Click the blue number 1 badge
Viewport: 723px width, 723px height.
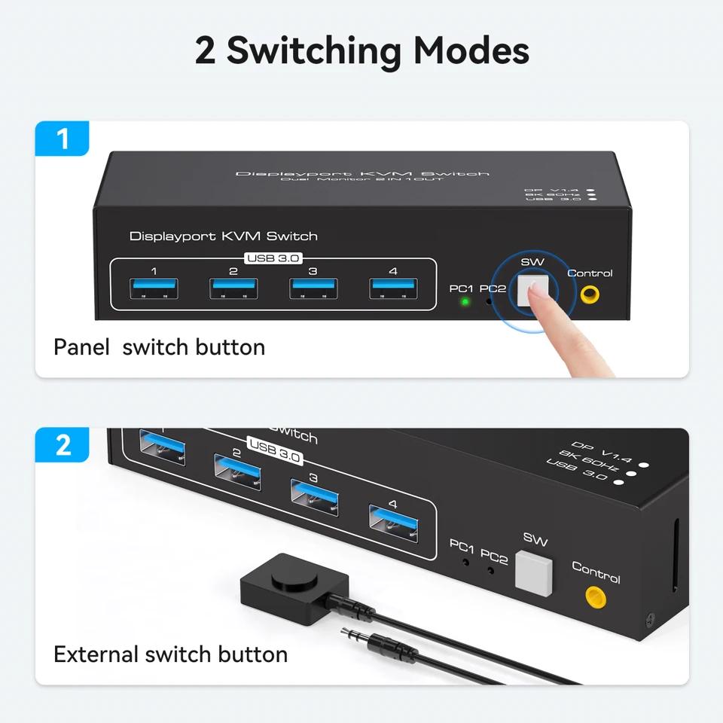pyautogui.click(x=62, y=139)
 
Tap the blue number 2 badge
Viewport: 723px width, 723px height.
pyautogui.click(x=62, y=445)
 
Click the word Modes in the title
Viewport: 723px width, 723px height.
pyautogui.click(x=471, y=50)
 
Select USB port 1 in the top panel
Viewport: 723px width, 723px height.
pyautogui.click(x=154, y=288)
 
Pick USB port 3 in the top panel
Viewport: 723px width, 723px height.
pyautogui.click(x=313, y=288)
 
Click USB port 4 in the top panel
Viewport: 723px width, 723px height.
pyautogui.click(x=393, y=288)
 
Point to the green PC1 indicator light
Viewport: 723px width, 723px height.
pyautogui.click(x=465, y=302)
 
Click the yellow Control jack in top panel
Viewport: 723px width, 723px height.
pyautogui.click(x=590, y=294)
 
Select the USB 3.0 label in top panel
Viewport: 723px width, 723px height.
pyautogui.click(x=273, y=258)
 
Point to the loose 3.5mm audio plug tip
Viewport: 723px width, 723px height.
pyautogui.click(x=344, y=632)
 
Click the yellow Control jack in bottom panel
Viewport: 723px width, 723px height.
pyautogui.click(x=596, y=597)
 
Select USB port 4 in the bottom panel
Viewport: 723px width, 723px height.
pyautogui.click(x=393, y=523)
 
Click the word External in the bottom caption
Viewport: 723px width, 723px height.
pyautogui.click(x=96, y=654)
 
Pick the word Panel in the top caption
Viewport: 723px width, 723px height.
pyautogui.click(x=81, y=347)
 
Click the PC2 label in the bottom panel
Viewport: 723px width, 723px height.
pyautogui.click(x=494, y=557)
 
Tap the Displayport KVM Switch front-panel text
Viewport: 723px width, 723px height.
pyautogui.click(x=224, y=236)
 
